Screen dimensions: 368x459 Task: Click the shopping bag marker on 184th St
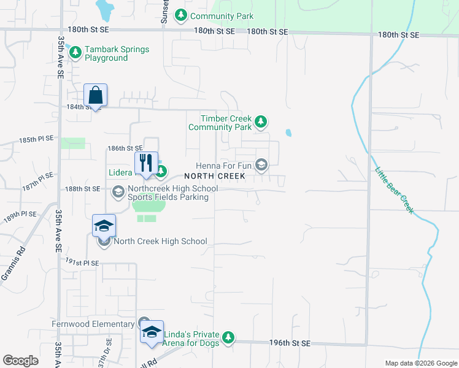pos(95,95)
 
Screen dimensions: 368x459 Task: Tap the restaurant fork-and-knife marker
pos(145,163)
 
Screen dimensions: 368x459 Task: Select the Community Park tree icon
pos(181,15)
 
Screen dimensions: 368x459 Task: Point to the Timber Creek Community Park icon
pos(261,121)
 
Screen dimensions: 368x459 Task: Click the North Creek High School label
pos(160,242)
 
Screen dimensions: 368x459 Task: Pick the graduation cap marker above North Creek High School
pos(104,226)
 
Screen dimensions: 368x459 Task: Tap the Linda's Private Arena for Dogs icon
pos(228,337)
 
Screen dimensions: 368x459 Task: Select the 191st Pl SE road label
pos(83,263)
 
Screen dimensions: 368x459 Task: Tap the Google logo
pos(20,360)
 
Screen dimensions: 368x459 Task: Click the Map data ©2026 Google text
pos(420,363)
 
